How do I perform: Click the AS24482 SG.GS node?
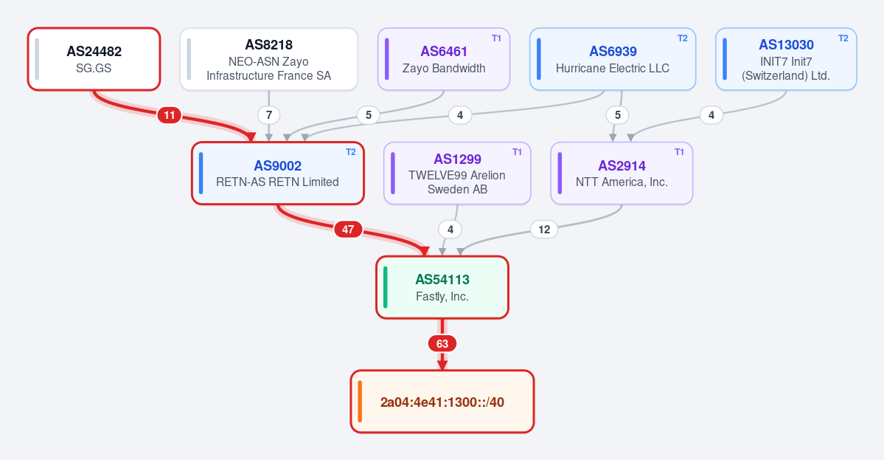pos(94,58)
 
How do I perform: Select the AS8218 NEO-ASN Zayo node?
pos(269,58)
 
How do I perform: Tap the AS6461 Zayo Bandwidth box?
pos(444,58)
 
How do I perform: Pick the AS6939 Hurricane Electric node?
pos(613,58)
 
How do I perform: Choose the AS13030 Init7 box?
pos(786,58)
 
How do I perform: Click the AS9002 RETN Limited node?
pos(278,174)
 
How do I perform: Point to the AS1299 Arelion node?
pos(457,174)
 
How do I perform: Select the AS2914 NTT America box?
pos(622,174)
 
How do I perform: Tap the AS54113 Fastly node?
pos(442,287)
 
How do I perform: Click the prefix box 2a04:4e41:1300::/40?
pos(442,402)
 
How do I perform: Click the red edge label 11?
pos(169,115)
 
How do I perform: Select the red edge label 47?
pos(348,229)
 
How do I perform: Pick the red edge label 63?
pos(442,343)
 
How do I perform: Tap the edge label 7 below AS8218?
pos(269,115)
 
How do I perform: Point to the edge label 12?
pos(544,229)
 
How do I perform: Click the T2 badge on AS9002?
pos(351,152)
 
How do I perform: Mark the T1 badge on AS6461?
pos(497,38)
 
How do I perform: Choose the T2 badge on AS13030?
pos(843,38)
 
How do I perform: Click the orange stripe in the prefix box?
pos(361,402)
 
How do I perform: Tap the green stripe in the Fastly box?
pos(386,287)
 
